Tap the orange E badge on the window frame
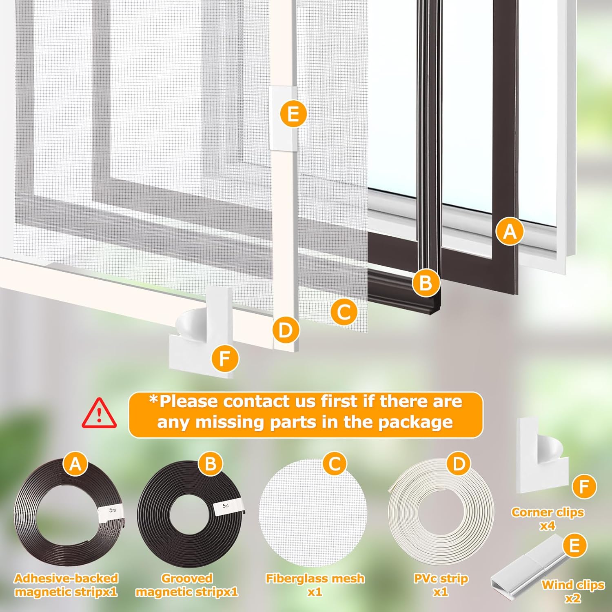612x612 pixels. pos(293,114)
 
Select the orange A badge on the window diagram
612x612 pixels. pos(510,231)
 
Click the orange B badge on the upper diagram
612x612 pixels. pos(426,283)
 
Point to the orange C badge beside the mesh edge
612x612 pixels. pos(344,312)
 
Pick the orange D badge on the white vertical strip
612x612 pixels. pos(286,330)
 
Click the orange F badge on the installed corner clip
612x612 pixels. pos(225,359)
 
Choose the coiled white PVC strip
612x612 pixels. pos(441,516)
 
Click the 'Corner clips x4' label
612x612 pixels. pos(548,519)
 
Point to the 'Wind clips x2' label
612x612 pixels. pos(572,591)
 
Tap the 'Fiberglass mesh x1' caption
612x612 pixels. pos(315,585)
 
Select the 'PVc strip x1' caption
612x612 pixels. pos(441,585)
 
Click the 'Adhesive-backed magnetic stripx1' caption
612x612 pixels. pos(66,585)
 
